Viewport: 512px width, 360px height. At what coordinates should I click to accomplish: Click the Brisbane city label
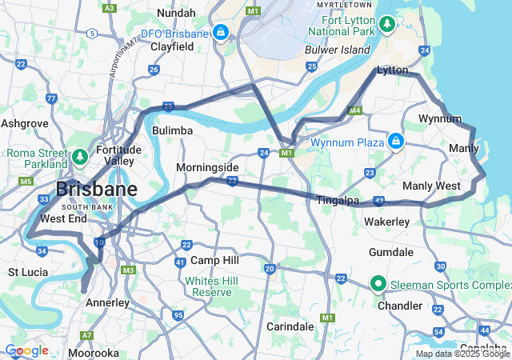[96, 190]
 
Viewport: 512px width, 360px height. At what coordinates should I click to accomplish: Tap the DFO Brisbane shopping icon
[220, 33]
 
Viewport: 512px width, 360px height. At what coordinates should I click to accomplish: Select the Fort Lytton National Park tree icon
[388, 24]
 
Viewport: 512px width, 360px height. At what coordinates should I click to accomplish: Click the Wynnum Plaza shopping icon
[394, 142]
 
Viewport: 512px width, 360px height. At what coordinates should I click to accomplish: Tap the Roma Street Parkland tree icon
[80, 156]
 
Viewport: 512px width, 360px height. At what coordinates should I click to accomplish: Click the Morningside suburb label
[207, 167]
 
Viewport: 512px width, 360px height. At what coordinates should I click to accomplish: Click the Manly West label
[431, 186]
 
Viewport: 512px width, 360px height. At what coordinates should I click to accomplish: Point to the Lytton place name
[392, 70]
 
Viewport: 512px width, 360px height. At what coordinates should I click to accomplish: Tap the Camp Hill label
[214, 261]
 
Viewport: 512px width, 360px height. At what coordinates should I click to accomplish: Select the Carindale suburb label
[290, 326]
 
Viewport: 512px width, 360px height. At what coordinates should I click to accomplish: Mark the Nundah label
[176, 13]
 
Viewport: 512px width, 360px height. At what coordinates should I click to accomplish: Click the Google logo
[26, 350]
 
